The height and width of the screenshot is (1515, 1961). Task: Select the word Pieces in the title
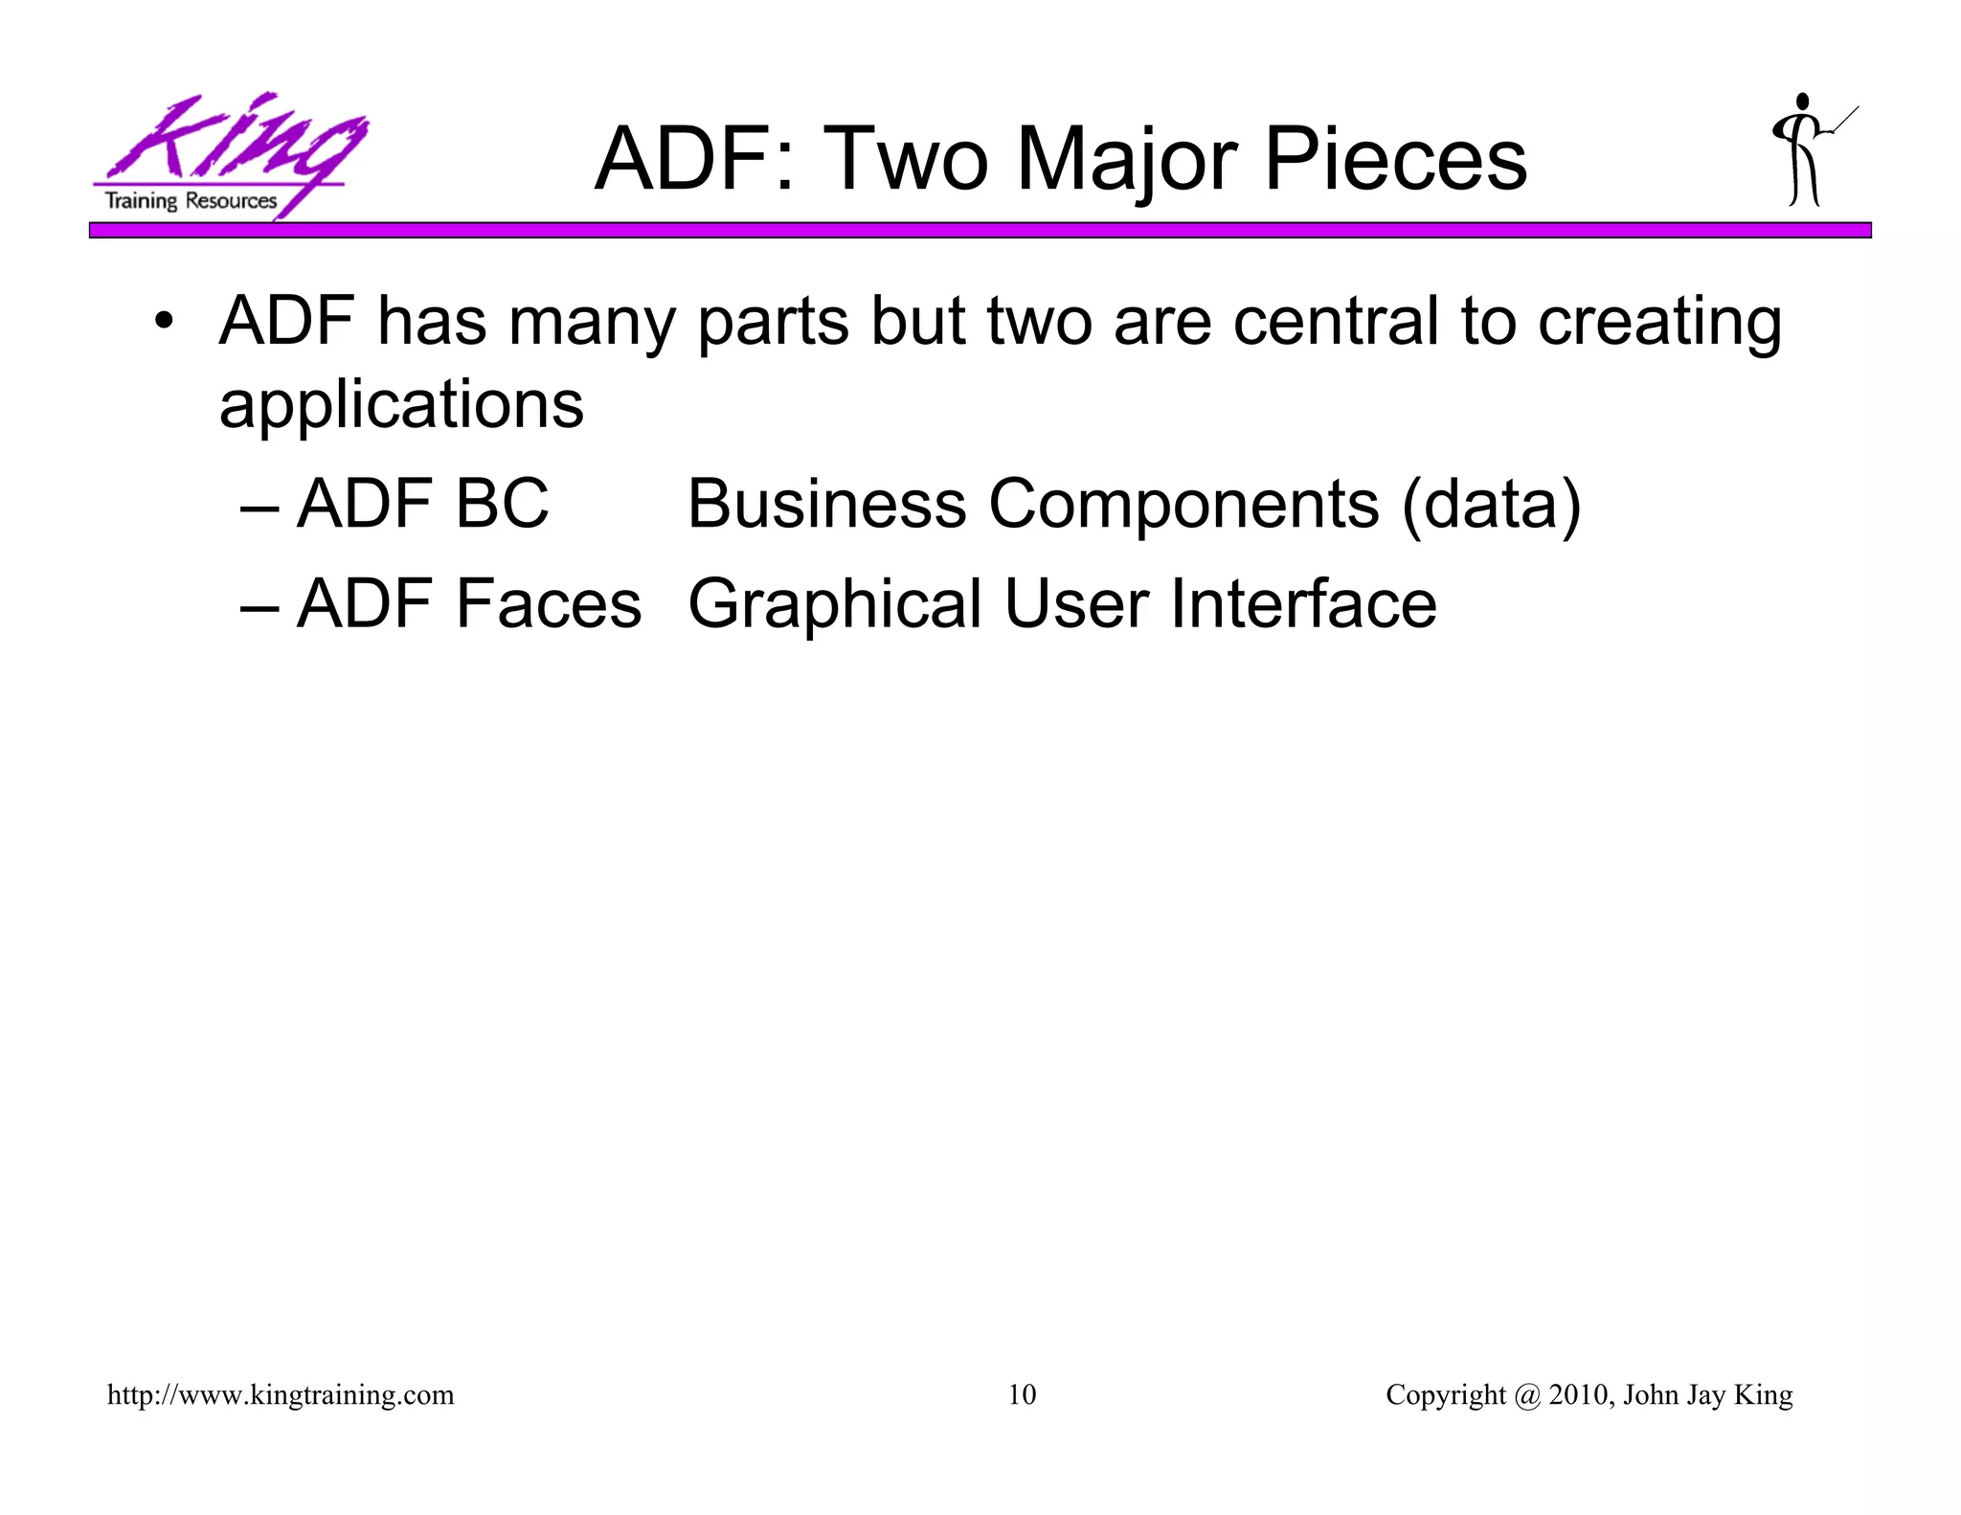point(1395,160)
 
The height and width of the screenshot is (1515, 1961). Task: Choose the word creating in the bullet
point(1658,324)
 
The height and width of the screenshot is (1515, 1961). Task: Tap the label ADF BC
point(422,504)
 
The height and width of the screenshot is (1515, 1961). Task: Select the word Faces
point(548,604)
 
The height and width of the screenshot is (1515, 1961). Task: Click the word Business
point(826,504)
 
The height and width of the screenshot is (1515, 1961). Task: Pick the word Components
point(1183,506)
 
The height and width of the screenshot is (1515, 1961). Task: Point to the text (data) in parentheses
point(1491,505)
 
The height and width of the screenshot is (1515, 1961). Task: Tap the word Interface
point(1303,604)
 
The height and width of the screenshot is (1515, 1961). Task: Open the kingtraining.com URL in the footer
point(281,1395)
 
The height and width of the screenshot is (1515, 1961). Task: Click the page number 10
point(1022,1395)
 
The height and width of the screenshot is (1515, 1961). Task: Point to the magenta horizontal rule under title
point(980,231)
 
